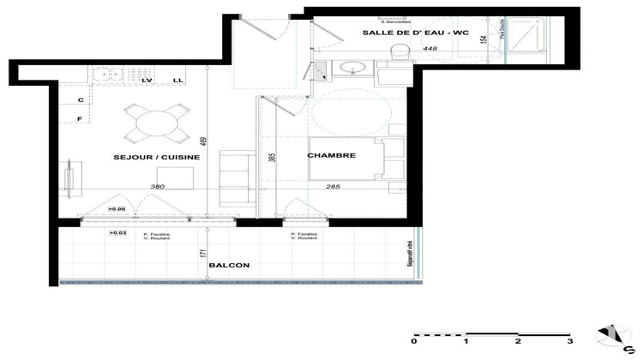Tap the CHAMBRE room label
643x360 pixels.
click(332, 155)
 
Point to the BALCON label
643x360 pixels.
click(228, 266)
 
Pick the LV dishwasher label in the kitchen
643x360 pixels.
click(147, 80)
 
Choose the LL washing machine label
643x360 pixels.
click(177, 80)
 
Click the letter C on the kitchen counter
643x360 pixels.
click(81, 100)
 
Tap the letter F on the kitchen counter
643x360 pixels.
click(81, 118)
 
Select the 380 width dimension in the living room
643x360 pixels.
click(157, 186)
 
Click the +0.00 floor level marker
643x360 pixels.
click(117, 208)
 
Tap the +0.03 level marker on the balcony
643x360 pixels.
click(117, 232)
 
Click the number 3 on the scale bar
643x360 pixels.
click(569, 341)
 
